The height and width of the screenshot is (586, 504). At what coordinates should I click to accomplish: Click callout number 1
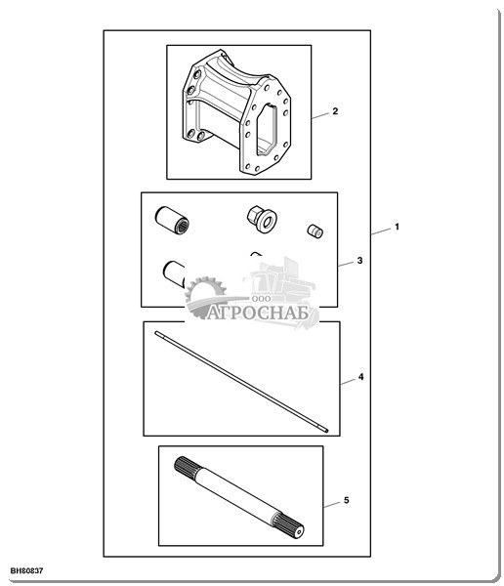(398, 227)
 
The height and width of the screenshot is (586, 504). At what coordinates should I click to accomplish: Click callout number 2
(335, 111)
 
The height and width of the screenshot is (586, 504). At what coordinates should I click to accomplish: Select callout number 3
(359, 260)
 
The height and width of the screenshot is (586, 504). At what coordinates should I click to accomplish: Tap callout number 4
(360, 377)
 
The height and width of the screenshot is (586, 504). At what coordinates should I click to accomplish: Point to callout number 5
(346, 500)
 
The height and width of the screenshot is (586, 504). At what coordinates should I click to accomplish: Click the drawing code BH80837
(26, 570)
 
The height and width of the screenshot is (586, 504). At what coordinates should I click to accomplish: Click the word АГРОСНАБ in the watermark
(258, 313)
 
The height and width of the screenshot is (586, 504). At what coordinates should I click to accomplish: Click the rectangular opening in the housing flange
(267, 130)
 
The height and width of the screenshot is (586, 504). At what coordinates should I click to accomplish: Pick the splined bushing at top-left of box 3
(172, 221)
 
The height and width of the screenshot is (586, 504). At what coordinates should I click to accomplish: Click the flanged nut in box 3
(262, 220)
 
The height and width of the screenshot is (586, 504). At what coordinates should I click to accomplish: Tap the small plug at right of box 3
(315, 230)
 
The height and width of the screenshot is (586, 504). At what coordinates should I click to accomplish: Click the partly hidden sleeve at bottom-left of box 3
(174, 273)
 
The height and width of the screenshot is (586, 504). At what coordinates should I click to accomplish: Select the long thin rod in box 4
(241, 382)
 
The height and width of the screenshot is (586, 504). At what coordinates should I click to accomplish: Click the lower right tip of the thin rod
(327, 431)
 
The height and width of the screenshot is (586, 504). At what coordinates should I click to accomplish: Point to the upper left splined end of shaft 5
(185, 468)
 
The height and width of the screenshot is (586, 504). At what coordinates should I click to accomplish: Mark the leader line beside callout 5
(332, 505)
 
